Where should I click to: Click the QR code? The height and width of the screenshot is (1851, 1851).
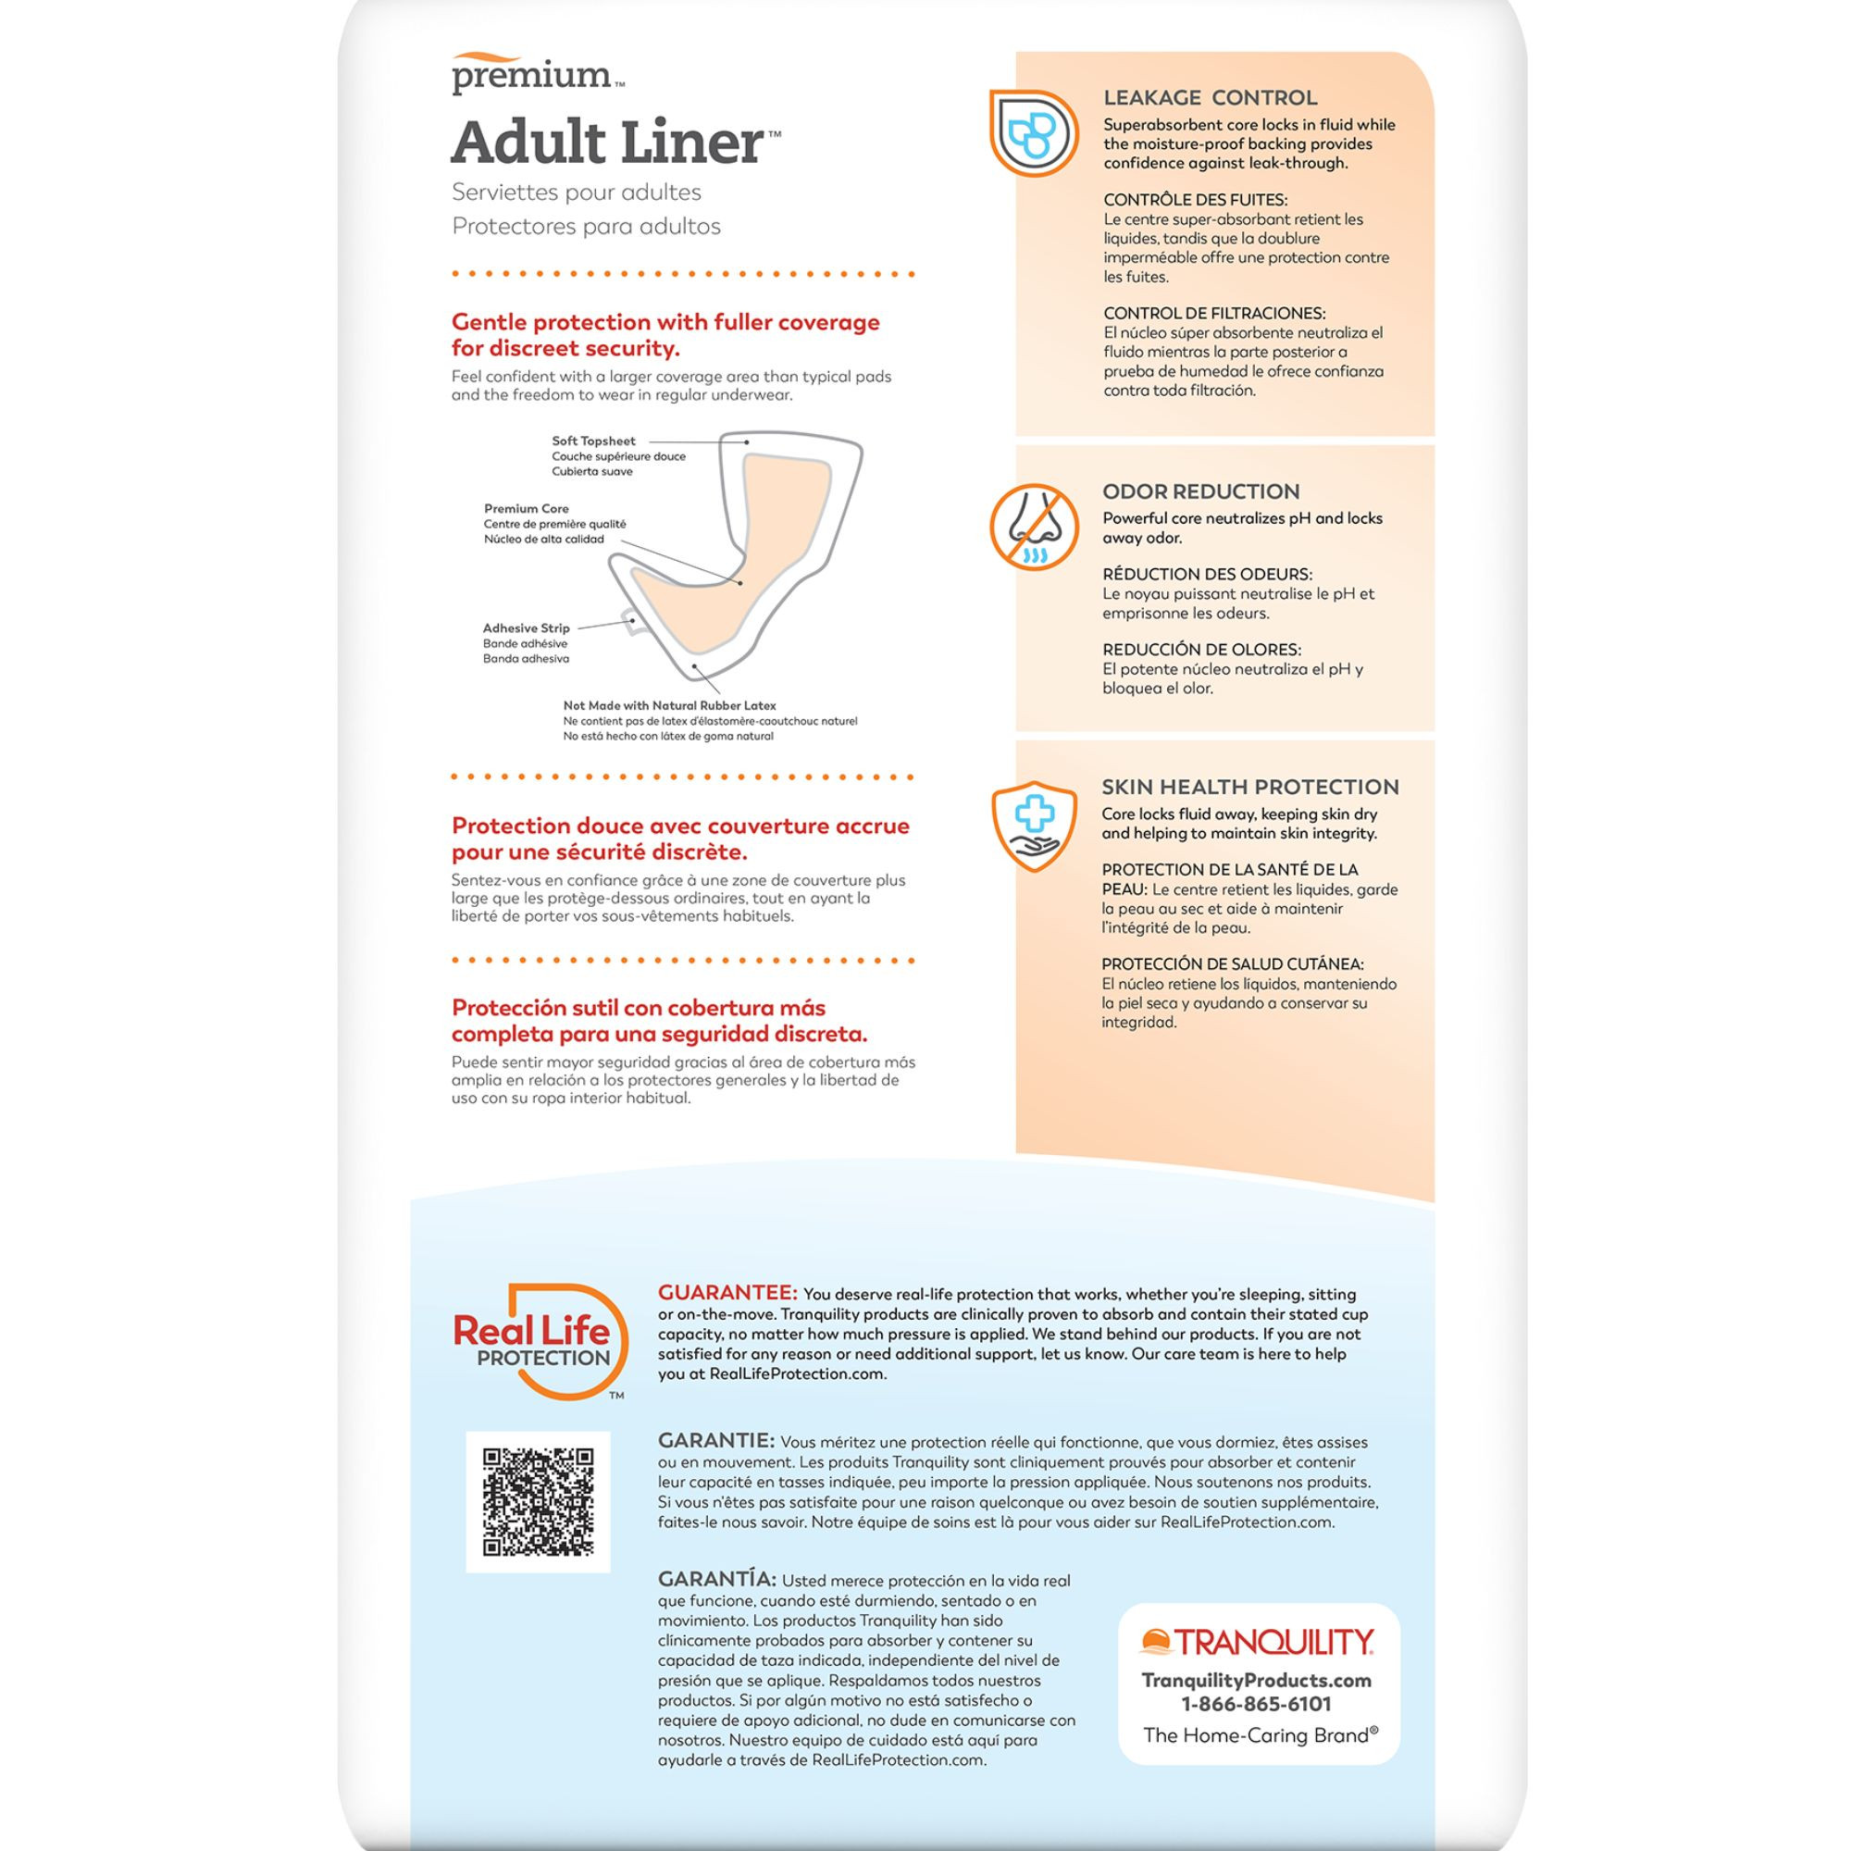[x=538, y=1501]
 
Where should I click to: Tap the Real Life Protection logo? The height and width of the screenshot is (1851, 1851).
[x=539, y=1341]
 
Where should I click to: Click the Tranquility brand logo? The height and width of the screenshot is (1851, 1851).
[x=1257, y=1642]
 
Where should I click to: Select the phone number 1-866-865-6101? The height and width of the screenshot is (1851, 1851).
[x=1256, y=1704]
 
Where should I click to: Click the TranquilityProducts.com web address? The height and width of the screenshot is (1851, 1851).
[x=1256, y=1680]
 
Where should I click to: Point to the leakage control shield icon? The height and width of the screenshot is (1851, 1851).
[x=1033, y=133]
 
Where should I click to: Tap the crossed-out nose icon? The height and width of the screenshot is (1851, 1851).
[x=1034, y=527]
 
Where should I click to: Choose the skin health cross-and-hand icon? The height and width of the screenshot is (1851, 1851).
[x=1034, y=826]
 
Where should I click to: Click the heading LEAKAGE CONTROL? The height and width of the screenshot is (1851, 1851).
[x=1210, y=98]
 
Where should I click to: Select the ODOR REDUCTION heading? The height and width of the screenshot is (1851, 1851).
[x=1200, y=491]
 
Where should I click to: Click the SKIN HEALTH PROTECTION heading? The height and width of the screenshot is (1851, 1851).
[x=1249, y=787]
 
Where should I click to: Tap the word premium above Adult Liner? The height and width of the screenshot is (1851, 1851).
[x=532, y=76]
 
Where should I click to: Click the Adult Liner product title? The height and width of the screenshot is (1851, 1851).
[x=608, y=143]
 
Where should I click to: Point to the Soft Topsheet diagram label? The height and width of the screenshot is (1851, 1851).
[x=593, y=441]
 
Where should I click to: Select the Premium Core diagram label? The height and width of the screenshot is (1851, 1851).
[x=526, y=509]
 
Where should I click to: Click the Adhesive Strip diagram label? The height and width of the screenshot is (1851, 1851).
[x=526, y=628]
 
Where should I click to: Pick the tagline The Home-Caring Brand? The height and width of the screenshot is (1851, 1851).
[x=1260, y=1735]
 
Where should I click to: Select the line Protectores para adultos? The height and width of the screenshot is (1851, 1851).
[x=586, y=226]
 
